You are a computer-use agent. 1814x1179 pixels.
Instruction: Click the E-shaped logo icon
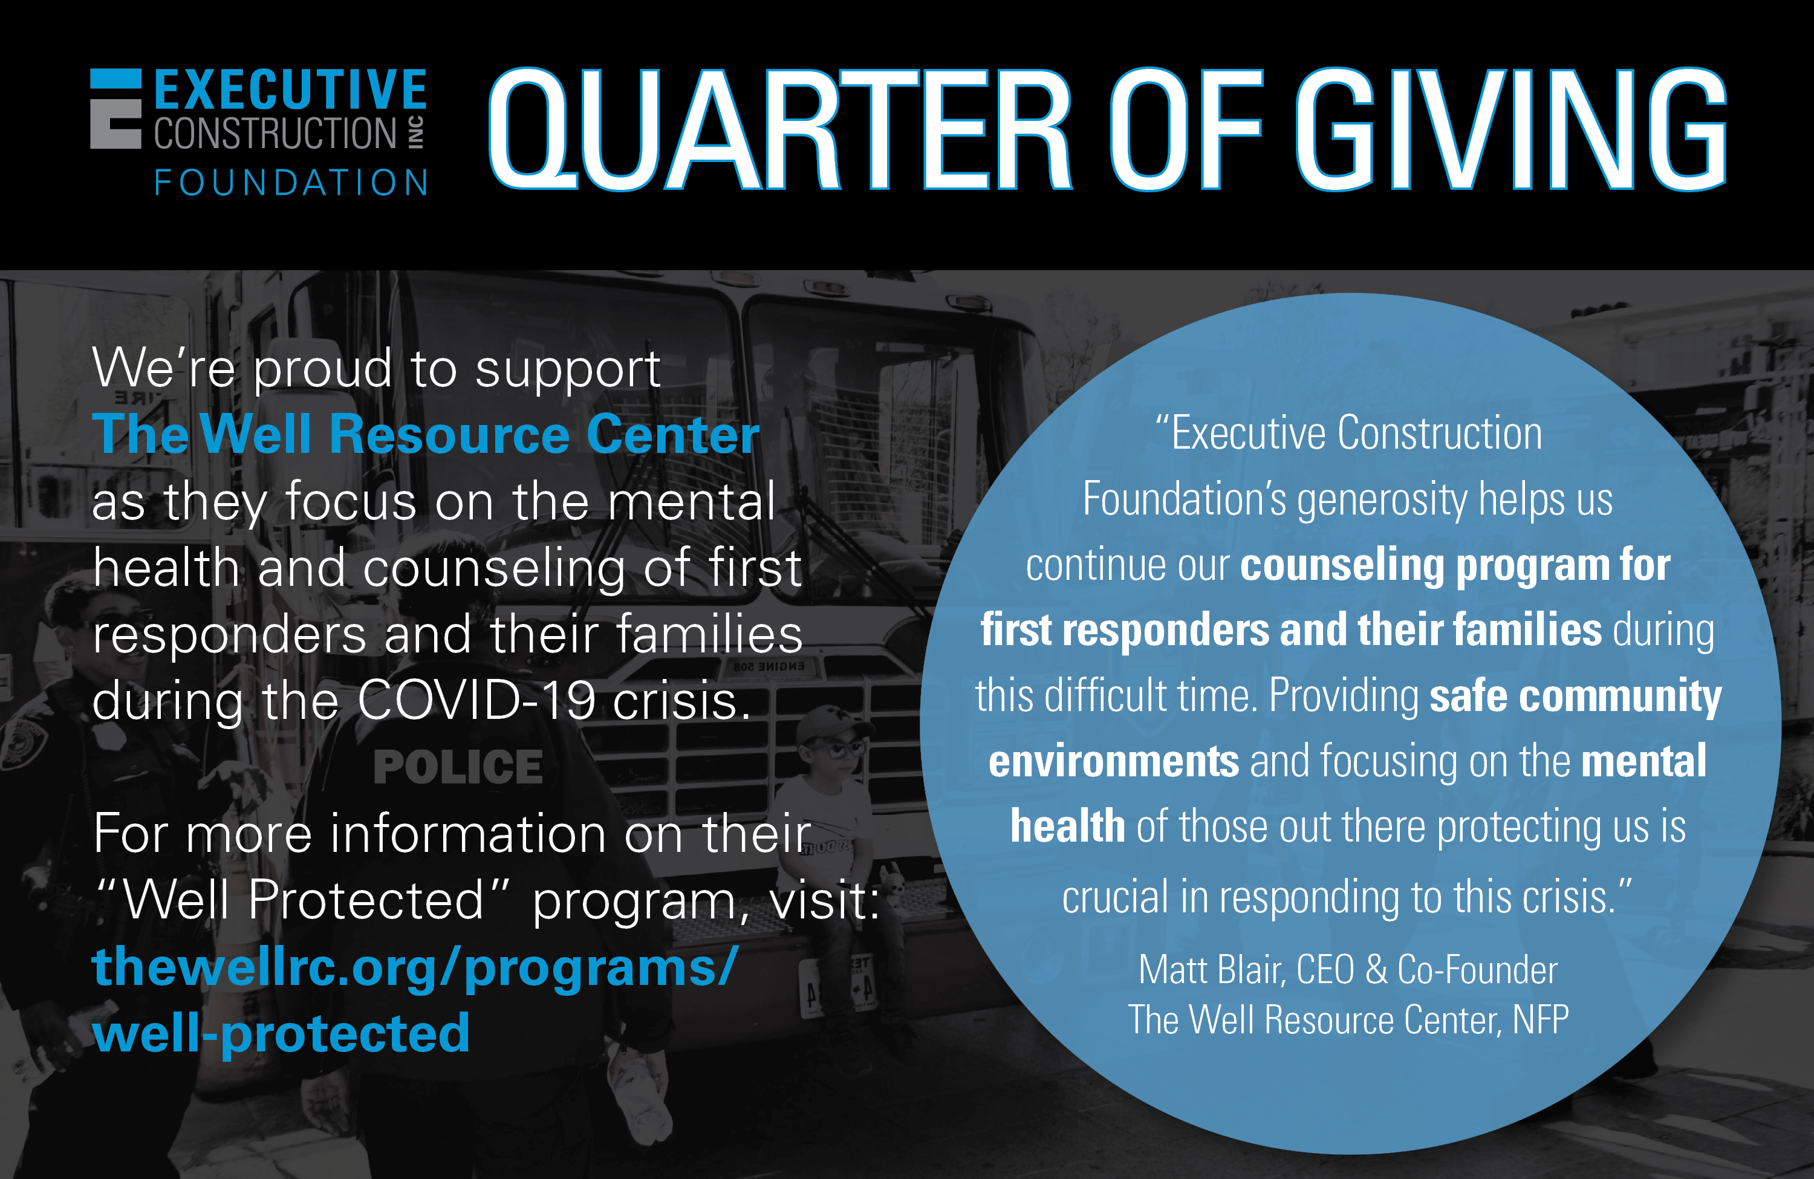tap(116, 108)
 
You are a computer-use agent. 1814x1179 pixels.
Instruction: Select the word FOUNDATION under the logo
tap(291, 183)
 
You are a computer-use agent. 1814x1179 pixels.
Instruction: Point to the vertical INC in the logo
tap(416, 132)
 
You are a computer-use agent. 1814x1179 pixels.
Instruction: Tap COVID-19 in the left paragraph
tap(476, 700)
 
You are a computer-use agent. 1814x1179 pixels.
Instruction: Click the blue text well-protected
tap(281, 1034)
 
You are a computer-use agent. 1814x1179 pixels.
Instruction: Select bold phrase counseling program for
tap(1456, 565)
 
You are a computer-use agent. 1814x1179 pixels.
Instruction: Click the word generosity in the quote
tap(1382, 501)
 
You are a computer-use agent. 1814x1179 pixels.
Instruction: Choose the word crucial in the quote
tap(1116, 897)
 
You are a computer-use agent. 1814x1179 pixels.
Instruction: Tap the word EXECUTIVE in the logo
tap(290, 90)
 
